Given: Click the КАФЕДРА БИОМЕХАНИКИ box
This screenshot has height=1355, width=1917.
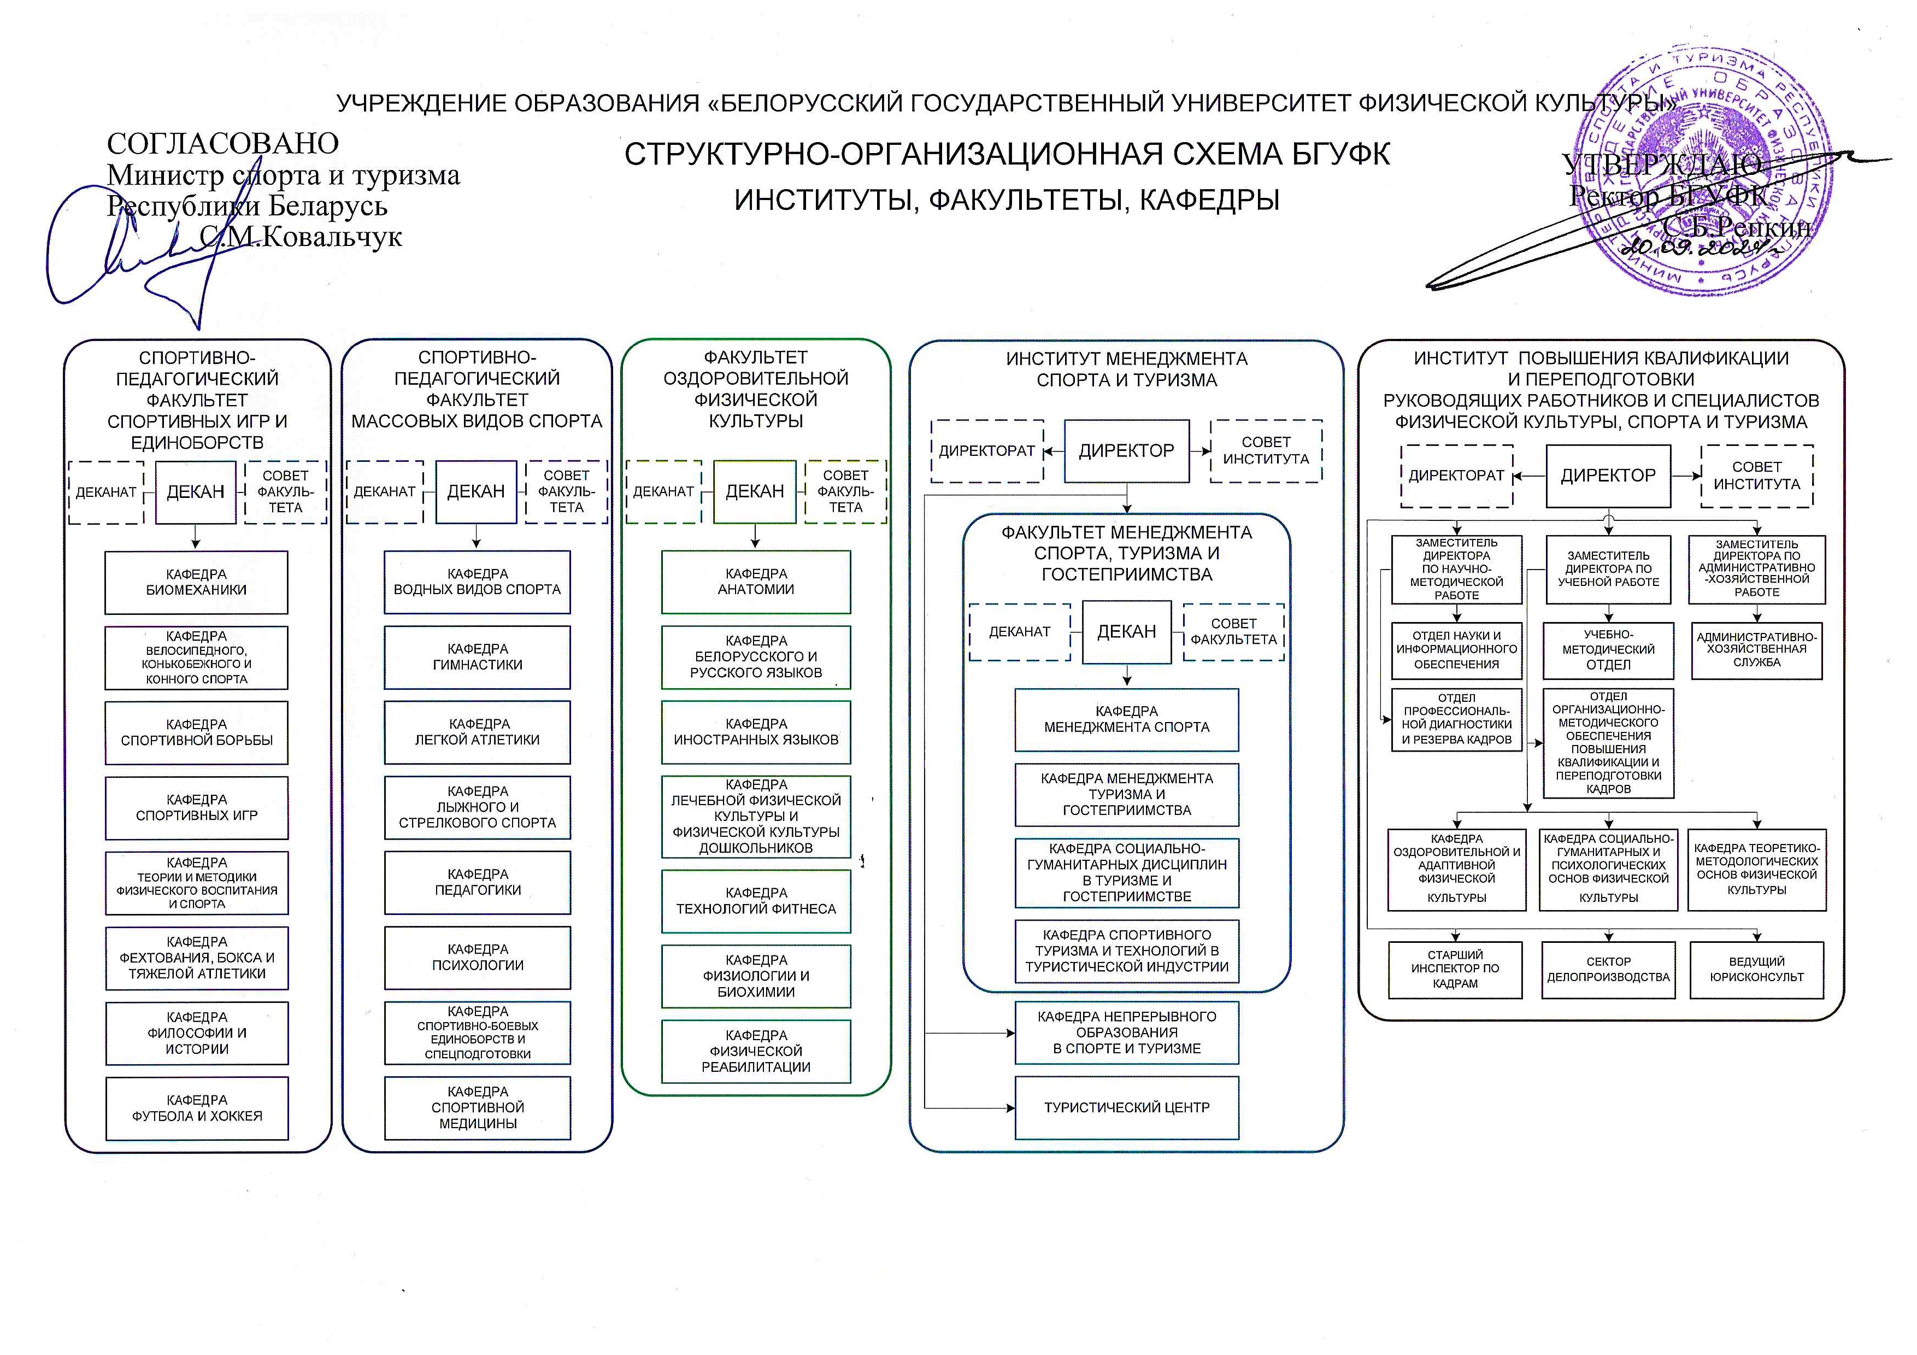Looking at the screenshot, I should click(x=196, y=582).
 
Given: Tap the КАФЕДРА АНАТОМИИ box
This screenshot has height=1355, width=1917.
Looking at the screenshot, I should click(x=756, y=582).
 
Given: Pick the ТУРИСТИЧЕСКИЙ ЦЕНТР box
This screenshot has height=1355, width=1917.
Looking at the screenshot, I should click(x=1126, y=1108).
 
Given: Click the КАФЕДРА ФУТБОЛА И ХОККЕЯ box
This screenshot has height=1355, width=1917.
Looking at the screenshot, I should click(x=197, y=1108).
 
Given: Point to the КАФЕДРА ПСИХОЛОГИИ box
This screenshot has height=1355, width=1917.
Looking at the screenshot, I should click(x=478, y=958).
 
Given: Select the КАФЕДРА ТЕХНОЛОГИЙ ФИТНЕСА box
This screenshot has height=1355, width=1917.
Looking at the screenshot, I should click(x=756, y=901).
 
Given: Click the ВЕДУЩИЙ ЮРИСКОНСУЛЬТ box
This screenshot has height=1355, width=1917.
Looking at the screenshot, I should click(x=1757, y=969).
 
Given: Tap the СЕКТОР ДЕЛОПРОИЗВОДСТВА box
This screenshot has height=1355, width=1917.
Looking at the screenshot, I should click(x=1608, y=969).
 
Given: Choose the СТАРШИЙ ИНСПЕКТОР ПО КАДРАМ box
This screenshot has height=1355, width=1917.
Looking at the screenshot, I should click(x=1455, y=969).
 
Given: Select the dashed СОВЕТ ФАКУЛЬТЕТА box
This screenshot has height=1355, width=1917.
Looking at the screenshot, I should click(x=1233, y=632).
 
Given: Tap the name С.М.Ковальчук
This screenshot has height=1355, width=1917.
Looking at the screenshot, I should click(x=301, y=237).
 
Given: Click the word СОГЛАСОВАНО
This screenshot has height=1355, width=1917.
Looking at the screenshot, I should click(x=223, y=144).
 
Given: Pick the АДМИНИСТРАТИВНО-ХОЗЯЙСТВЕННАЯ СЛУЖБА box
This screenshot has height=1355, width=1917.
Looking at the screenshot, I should click(x=1757, y=649).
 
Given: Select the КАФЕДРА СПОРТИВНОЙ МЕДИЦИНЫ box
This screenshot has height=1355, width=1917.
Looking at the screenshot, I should click(x=478, y=1108).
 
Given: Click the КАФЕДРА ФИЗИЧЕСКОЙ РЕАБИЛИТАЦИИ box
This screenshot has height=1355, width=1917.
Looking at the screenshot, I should click(x=756, y=1051).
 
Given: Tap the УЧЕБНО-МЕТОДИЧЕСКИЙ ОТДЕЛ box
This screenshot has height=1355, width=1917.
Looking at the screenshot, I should click(x=1608, y=649).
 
